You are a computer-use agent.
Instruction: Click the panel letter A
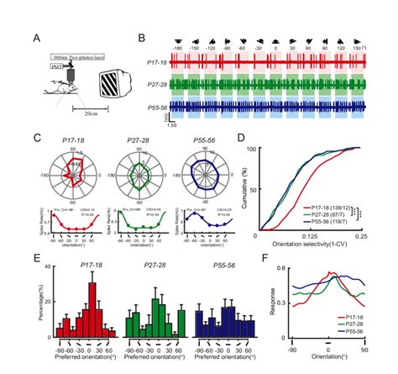coord(36,38)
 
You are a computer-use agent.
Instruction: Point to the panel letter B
coord(142,38)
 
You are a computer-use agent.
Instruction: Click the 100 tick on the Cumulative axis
coord(251,149)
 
